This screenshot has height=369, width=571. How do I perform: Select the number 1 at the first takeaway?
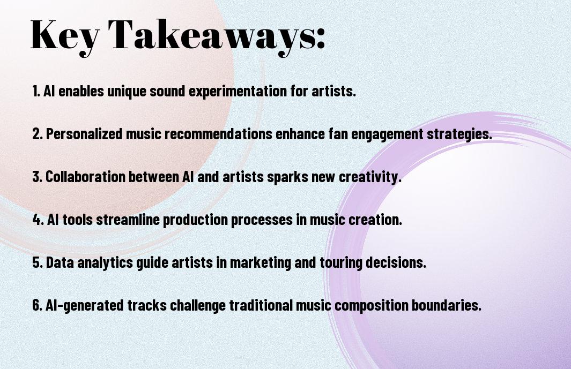coord(35,91)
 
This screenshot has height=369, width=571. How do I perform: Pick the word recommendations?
coord(219,133)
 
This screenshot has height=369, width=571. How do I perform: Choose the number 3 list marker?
coord(36,177)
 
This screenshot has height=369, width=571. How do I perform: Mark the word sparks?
coord(283,177)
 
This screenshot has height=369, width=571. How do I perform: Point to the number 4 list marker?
coord(36,220)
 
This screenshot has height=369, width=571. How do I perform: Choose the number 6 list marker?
coord(36,305)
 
